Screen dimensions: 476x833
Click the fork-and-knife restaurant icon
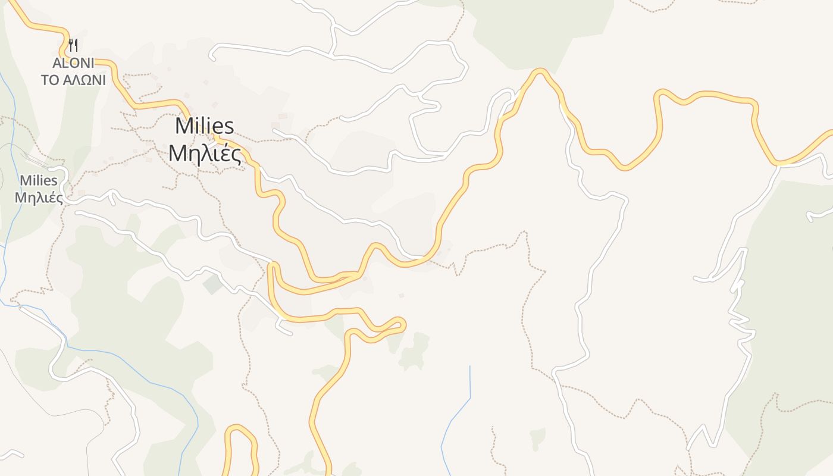[x=73, y=45]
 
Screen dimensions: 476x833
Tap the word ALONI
[x=73, y=63]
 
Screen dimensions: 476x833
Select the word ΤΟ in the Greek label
[x=50, y=80]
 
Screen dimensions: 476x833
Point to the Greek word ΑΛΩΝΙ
[x=83, y=80]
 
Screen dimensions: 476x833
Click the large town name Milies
[x=205, y=126]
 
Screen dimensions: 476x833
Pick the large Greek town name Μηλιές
[x=205, y=154]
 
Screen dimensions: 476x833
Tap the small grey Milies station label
[x=39, y=180]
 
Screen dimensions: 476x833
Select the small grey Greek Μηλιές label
[x=39, y=198]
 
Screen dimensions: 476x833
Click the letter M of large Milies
[x=183, y=126]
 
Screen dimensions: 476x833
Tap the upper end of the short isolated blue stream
[x=470, y=367]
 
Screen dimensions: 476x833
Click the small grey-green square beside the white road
[x=212, y=284]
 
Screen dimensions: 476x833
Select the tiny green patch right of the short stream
[x=537, y=439]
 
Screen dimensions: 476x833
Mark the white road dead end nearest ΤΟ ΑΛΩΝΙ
[x=212, y=57]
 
